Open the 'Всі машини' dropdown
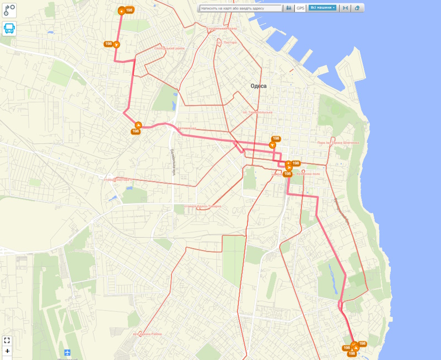point(322,8)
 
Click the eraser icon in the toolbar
point(358,8)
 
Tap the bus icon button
point(9,29)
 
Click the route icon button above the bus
point(9,9)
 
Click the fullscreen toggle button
point(7,340)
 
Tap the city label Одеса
point(258,86)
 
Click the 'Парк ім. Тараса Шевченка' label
point(337,142)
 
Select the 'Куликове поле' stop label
point(308,174)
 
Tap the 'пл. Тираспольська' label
point(258,112)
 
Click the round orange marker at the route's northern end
point(121,10)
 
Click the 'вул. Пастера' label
point(227,42)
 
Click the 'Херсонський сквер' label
point(222,28)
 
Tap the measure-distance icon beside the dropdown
point(345,8)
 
